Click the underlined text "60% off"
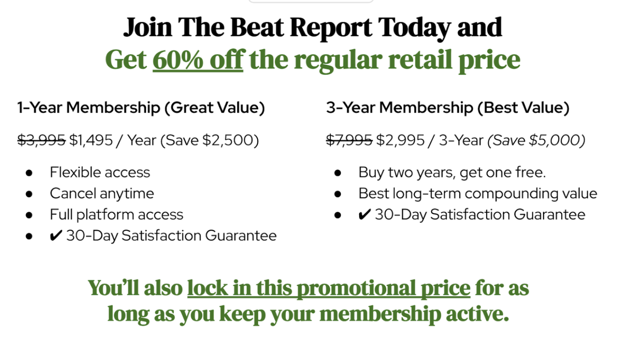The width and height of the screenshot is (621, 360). click(x=198, y=60)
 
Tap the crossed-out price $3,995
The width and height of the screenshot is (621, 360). click(x=41, y=140)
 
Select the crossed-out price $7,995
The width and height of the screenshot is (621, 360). click(x=349, y=140)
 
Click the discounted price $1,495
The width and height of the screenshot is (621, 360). click(x=91, y=140)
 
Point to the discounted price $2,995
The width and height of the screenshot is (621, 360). click(x=400, y=140)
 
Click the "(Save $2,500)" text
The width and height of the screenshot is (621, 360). click(x=210, y=140)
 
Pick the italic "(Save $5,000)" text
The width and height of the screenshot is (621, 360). click(x=536, y=140)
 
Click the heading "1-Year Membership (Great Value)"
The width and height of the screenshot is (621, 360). click(x=141, y=108)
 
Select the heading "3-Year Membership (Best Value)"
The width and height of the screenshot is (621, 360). click(x=447, y=108)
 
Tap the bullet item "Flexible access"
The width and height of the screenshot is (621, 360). click(x=100, y=172)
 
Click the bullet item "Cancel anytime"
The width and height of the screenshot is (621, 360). click(x=102, y=193)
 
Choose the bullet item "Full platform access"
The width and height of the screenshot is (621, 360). click(x=116, y=215)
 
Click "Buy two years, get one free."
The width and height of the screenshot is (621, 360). click(x=452, y=172)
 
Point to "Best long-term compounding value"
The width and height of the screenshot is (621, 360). click(x=478, y=193)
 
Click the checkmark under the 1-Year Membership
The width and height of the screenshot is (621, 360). click(x=56, y=236)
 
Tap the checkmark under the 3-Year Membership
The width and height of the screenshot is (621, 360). click(x=364, y=215)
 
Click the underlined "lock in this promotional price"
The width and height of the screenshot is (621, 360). click(x=329, y=288)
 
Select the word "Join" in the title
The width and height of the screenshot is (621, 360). click(x=148, y=28)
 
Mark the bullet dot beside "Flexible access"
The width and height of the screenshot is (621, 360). click(x=29, y=173)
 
